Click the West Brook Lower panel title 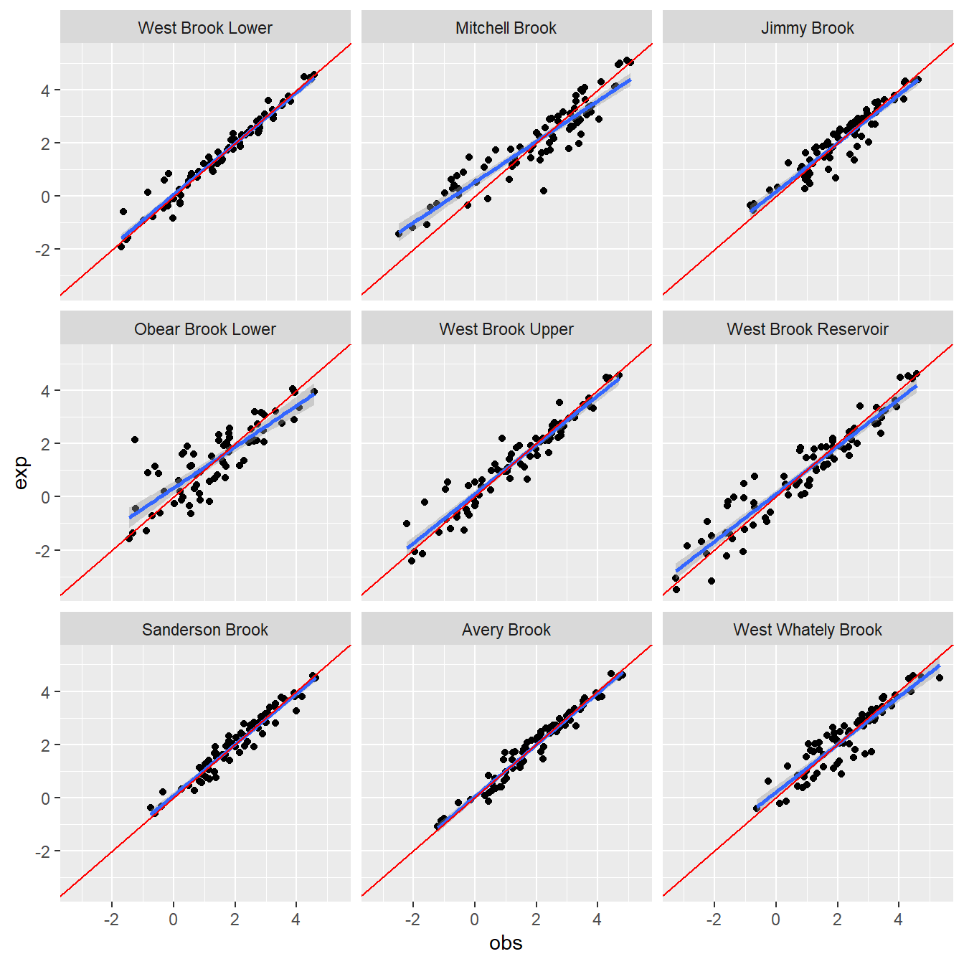[x=205, y=28]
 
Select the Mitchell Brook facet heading [x=506, y=28]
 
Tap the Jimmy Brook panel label [x=807, y=28]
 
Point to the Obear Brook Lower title [x=205, y=329]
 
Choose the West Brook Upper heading [x=506, y=329]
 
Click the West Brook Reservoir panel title [x=807, y=329]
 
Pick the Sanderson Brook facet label [x=205, y=630]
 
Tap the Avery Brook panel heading [x=506, y=630]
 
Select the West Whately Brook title [x=807, y=630]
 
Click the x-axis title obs [x=506, y=943]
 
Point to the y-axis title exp [x=21, y=473]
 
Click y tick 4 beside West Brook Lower [x=46, y=90]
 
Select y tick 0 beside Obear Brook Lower [x=46, y=497]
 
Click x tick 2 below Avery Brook [x=536, y=920]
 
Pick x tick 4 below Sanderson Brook [x=296, y=920]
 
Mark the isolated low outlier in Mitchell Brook [x=544, y=191]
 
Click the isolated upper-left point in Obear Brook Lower [x=135, y=440]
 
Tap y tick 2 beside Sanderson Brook [x=46, y=745]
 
